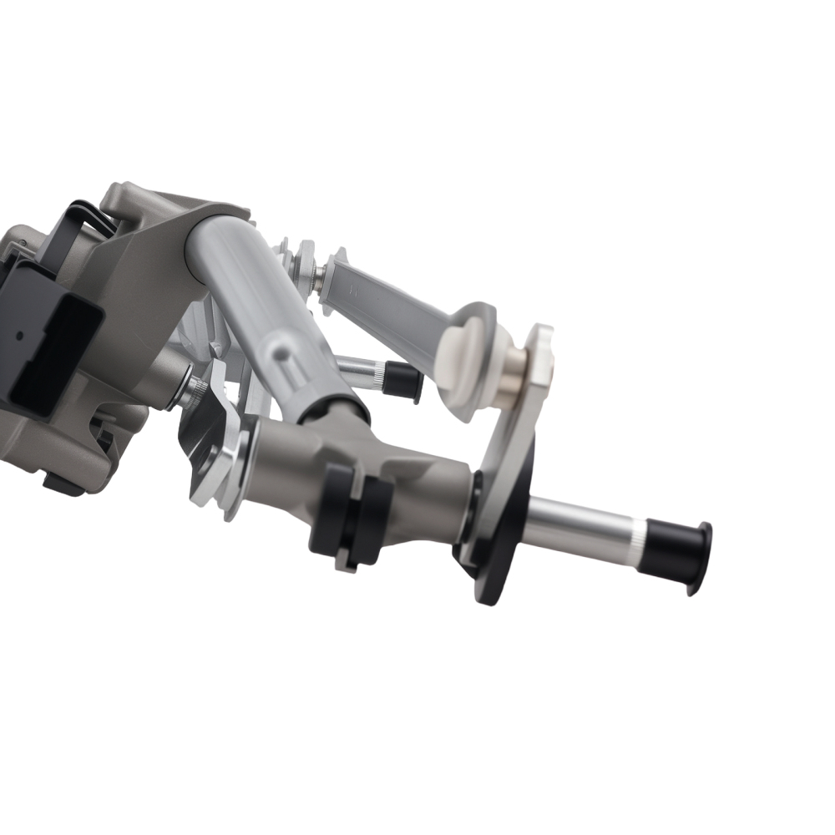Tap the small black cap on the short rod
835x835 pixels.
pos(403,381)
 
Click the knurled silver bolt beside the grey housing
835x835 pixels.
pos(191,389)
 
